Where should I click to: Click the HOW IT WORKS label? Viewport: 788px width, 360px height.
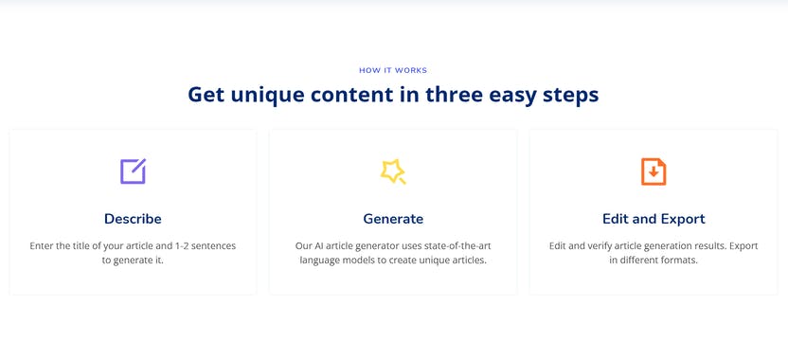point(393,70)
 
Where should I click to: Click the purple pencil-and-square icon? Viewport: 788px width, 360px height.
point(133,171)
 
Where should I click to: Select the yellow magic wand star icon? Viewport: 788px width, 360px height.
point(393,171)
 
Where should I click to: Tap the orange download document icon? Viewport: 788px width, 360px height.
point(654,171)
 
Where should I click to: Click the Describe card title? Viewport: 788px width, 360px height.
point(133,219)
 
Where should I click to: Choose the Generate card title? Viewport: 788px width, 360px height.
point(393,219)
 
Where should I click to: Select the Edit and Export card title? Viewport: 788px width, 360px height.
point(654,219)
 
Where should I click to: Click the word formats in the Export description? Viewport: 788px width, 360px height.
point(678,260)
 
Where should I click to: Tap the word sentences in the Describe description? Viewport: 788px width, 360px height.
point(211,246)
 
